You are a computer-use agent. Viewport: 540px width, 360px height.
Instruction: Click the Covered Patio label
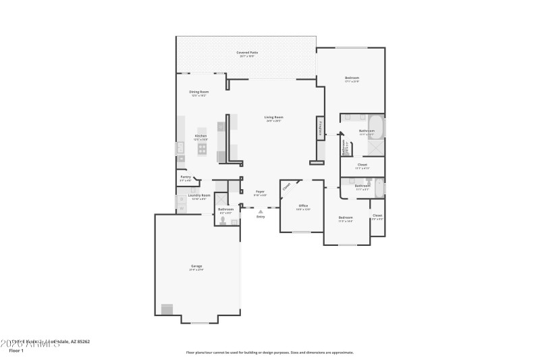click(246, 53)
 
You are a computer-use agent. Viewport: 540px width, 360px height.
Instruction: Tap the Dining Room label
click(198, 92)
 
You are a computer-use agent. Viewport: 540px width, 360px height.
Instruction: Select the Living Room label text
click(273, 118)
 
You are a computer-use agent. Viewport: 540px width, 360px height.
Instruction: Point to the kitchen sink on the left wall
click(180, 147)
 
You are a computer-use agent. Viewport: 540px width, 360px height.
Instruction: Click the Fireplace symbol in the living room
click(319, 129)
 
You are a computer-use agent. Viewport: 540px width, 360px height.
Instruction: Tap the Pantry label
click(185, 178)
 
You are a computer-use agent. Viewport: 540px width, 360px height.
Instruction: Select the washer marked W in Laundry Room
click(181, 199)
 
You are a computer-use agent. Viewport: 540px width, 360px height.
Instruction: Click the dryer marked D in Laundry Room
click(181, 209)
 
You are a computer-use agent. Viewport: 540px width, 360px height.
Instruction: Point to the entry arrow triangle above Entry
click(261, 211)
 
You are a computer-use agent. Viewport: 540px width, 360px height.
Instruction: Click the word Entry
click(261, 217)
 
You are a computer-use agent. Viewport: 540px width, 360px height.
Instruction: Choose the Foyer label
click(260, 192)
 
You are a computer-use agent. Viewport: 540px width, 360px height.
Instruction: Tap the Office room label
click(303, 206)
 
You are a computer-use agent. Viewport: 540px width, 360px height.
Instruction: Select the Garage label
click(196, 267)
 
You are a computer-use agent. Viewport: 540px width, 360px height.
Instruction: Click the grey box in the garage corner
click(166, 309)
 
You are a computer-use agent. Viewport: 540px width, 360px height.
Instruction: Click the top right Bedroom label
click(352, 79)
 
